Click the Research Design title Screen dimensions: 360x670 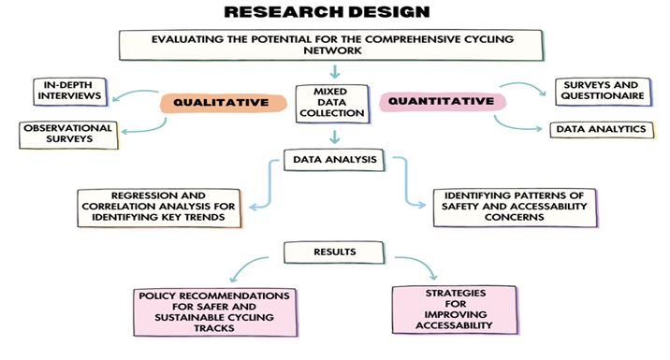click(327, 13)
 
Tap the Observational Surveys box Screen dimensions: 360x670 click(67, 134)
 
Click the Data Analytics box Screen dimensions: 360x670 click(600, 129)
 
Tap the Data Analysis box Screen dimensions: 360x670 click(333, 160)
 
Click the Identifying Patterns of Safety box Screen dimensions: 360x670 click(514, 205)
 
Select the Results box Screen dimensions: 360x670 click(333, 252)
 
